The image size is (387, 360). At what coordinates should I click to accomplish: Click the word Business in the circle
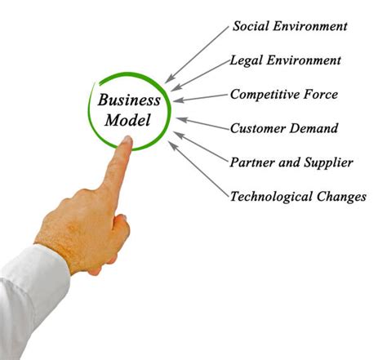coord(129,100)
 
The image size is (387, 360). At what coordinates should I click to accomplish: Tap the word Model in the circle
coord(127,120)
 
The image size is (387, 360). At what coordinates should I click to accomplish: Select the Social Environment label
coord(290,26)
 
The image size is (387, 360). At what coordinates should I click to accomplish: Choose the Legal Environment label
coord(285,60)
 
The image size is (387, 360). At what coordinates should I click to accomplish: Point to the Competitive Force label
coord(284,95)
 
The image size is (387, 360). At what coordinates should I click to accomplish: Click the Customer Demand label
coord(284,128)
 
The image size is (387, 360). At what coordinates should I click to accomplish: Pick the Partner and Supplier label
coord(291,162)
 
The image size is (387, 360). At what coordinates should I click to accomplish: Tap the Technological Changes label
coord(298,197)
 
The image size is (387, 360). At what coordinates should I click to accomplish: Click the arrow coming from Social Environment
coord(197,55)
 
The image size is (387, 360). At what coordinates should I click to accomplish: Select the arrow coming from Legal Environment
coord(201,76)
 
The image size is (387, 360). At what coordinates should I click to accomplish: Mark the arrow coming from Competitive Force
coord(200,98)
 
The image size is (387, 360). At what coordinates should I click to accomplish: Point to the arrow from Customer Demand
coord(203,123)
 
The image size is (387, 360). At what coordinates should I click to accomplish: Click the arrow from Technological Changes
coord(198,169)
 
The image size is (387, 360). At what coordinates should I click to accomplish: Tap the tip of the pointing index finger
coord(127,138)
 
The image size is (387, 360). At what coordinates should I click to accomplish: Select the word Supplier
coord(328,162)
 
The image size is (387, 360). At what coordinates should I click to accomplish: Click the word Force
coord(321,95)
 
